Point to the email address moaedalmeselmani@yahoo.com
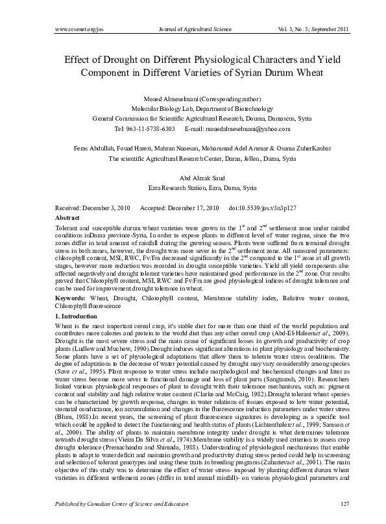tap(245, 129)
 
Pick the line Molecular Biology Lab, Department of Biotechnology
tap(193, 109)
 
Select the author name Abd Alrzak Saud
tap(193, 177)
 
